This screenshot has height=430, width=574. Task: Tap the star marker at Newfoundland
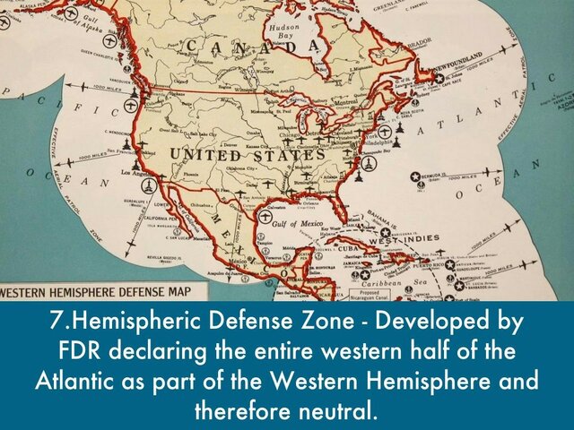pyautogui.click(x=439, y=77)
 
